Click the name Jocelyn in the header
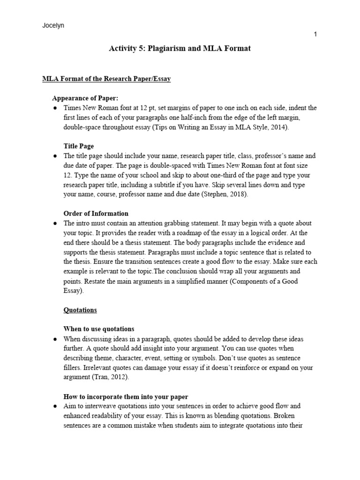click(x=53, y=26)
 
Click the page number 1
click(x=316, y=35)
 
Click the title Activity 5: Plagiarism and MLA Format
click(x=180, y=48)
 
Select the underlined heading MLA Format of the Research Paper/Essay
click(x=106, y=79)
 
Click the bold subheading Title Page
click(x=79, y=146)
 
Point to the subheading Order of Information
click(x=96, y=213)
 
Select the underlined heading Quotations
click(x=80, y=310)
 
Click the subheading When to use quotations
click(x=99, y=329)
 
